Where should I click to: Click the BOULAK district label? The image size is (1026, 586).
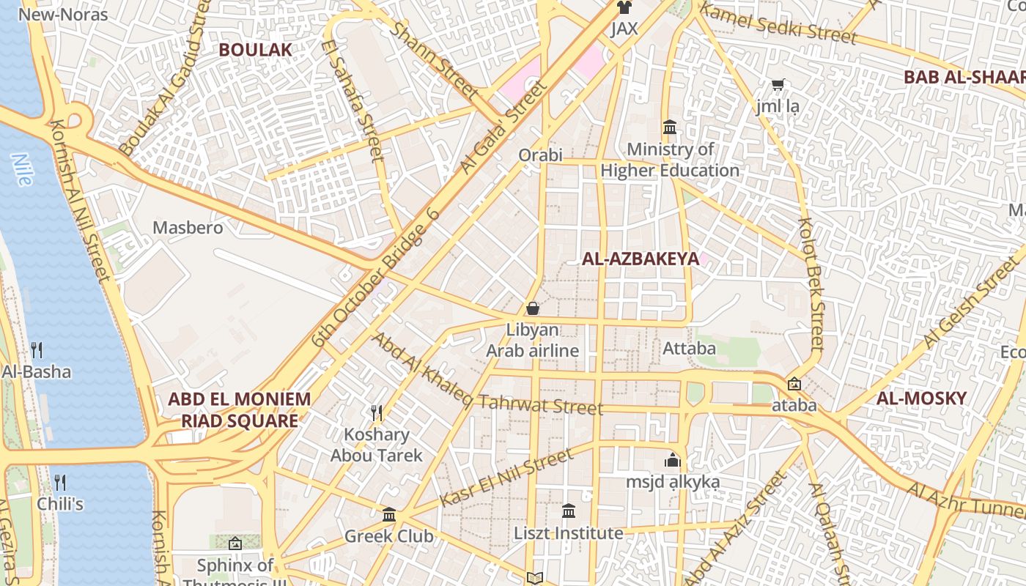pyautogui.click(x=255, y=50)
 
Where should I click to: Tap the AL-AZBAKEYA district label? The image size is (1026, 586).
pyautogui.click(x=641, y=259)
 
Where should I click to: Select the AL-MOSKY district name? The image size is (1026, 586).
pyautogui.click(x=921, y=398)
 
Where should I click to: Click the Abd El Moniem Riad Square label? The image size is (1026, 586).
pyautogui.click(x=240, y=410)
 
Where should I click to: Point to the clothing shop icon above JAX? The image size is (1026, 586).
pyautogui.click(x=624, y=8)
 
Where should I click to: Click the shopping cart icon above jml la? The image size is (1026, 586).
pyautogui.click(x=778, y=85)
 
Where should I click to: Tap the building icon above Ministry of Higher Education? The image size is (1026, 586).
pyautogui.click(x=669, y=128)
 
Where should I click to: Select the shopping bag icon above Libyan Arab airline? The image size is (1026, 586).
pyautogui.click(x=533, y=308)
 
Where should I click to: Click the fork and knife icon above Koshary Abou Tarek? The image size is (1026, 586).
pyautogui.click(x=377, y=413)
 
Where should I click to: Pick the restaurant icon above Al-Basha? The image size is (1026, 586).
pyautogui.click(x=37, y=350)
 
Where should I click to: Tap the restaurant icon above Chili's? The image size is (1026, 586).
pyautogui.click(x=60, y=483)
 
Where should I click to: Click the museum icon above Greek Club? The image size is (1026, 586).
pyautogui.click(x=389, y=514)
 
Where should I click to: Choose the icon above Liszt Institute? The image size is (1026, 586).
pyautogui.click(x=569, y=511)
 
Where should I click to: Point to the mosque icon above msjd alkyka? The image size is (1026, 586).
pyautogui.click(x=672, y=460)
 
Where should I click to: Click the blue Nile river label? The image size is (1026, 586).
pyautogui.click(x=22, y=168)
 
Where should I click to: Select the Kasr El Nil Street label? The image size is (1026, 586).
pyautogui.click(x=506, y=478)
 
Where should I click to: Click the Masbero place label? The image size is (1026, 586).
pyautogui.click(x=188, y=228)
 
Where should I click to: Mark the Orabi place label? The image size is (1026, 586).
pyautogui.click(x=540, y=155)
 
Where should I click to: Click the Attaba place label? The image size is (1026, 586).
pyautogui.click(x=689, y=349)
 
